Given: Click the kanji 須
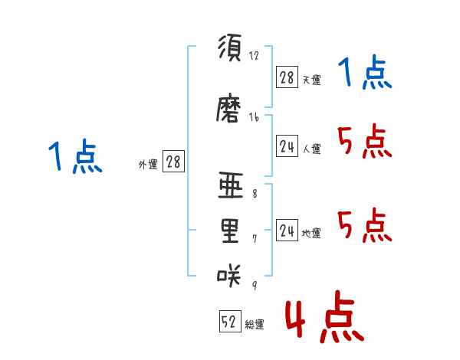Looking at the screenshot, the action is [230, 47].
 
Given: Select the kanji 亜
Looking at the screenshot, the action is [231, 185].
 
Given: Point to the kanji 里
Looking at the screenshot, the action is [230, 231].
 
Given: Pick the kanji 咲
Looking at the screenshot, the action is [228, 275].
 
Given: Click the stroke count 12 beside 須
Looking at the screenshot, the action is [254, 55].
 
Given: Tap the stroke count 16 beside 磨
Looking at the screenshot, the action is [254, 117].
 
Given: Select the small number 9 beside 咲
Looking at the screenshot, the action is [255, 285].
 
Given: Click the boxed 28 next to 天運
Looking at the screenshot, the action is [287, 77].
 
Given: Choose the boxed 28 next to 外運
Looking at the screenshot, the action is [173, 162].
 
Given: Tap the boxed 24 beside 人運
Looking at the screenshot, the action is [287, 146].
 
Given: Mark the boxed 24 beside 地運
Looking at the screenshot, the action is [287, 230].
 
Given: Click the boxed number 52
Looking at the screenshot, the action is [230, 321].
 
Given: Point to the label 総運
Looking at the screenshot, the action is [255, 324].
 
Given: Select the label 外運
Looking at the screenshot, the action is [148, 165].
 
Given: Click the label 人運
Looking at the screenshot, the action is [311, 149].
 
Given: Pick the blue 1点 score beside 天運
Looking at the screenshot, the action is [365, 72].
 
